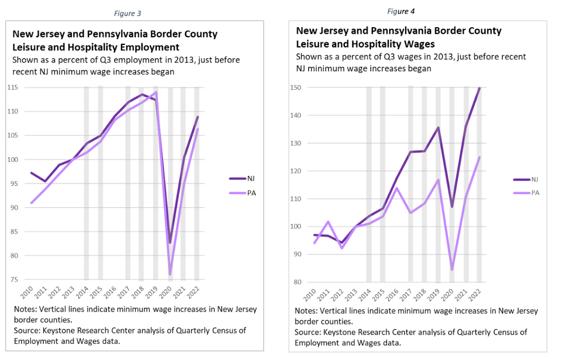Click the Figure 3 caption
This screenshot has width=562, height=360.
[128, 14]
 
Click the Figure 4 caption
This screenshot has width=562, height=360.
[401, 11]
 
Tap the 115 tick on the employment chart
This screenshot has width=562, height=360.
[12, 87]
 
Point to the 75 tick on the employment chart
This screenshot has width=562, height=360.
[14, 279]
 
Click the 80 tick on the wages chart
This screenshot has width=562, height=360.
[298, 282]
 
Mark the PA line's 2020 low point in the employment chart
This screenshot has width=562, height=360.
[170, 275]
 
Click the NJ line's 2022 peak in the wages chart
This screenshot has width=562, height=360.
[480, 88]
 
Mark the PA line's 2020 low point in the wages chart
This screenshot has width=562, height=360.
[452, 269]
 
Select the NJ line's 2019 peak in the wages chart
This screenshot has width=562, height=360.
[438, 128]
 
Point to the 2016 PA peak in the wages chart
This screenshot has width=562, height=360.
[396, 188]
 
